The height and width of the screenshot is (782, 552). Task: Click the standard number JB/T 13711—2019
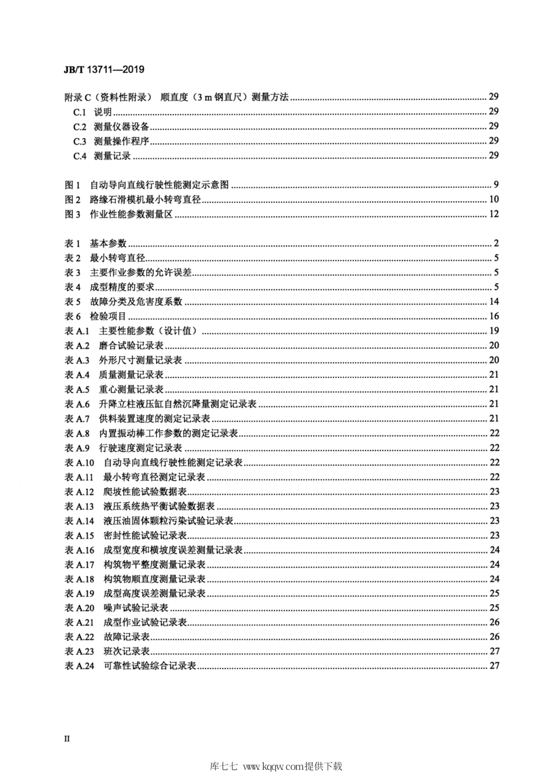[x=103, y=70]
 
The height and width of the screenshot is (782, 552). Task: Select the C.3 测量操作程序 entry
[x=111, y=141]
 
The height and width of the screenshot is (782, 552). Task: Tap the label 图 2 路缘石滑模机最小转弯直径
[x=133, y=200]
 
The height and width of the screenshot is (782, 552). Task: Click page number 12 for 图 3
[x=494, y=215]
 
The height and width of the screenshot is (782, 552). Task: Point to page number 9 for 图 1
[x=496, y=185]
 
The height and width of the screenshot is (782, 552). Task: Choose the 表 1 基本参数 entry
[x=95, y=244]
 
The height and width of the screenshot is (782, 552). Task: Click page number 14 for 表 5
[x=494, y=302]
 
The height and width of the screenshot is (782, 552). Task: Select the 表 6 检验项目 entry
[x=95, y=317]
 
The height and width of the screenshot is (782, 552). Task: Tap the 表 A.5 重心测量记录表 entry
[x=114, y=390]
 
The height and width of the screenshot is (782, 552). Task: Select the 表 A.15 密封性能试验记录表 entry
[x=125, y=535]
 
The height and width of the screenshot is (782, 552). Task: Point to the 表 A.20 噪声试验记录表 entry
[x=116, y=608]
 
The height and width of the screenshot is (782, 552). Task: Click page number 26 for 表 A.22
[x=494, y=637]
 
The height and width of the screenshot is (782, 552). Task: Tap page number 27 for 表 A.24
[x=494, y=666]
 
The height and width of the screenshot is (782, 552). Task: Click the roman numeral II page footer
[x=67, y=738]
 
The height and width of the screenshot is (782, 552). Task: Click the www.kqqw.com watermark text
[x=274, y=767]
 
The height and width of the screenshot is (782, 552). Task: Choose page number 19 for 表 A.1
[x=494, y=331]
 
